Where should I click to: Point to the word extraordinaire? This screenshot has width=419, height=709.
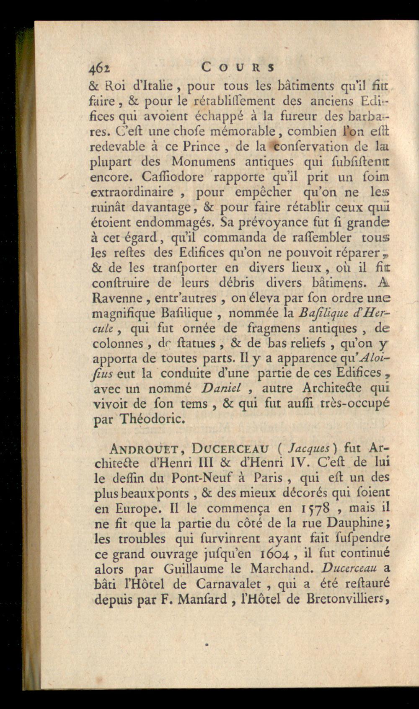coord(132,192)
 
